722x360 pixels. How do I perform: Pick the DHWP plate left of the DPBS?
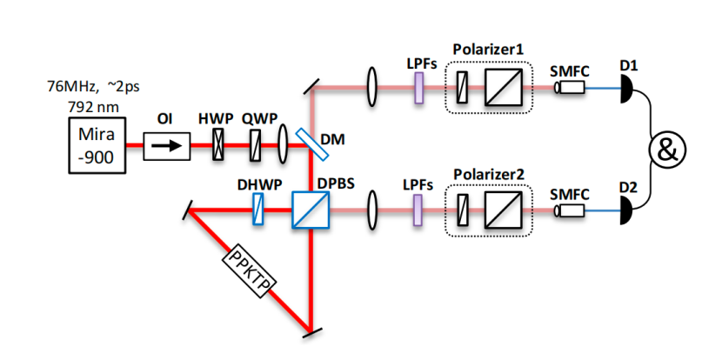coord(257,210)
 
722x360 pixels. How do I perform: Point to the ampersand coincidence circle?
coord(666,150)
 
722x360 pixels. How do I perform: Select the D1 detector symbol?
coord(626,88)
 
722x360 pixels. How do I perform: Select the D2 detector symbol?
coord(626,210)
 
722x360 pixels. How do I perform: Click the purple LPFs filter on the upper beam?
coord(418,88)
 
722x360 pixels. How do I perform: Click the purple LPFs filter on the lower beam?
coord(418,210)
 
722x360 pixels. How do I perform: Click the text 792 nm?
coord(90,104)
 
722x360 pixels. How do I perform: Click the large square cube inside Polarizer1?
coord(503,88)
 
